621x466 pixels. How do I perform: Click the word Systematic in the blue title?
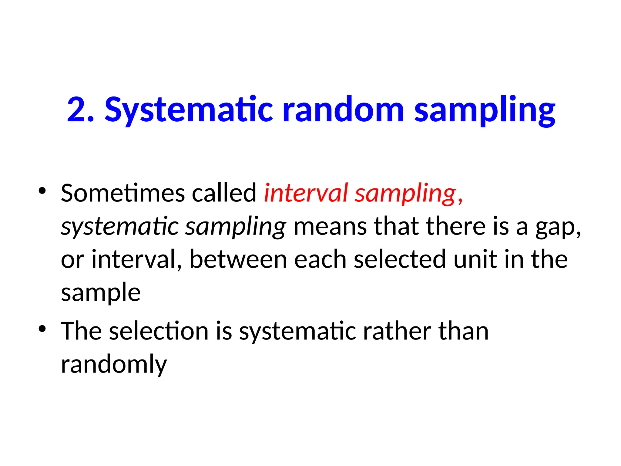click(x=189, y=110)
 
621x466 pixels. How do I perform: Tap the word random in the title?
click(x=343, y=110)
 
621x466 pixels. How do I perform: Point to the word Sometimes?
click(x=123, y=193)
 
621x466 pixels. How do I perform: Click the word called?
click(x=224, y=193)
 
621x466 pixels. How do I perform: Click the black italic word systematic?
click(x=120, y=227)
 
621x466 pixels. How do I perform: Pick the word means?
click(x=330, y=227)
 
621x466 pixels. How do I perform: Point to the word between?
click(x=238, y=260)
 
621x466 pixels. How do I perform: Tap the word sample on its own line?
click(x=101, y=293)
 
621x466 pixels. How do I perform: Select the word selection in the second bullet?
click(x=159, y=331)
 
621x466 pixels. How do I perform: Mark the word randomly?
click(x=114, y=365)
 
